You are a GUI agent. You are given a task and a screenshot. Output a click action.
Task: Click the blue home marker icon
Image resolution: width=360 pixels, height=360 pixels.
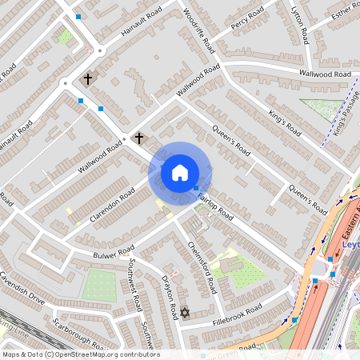coord(180,172)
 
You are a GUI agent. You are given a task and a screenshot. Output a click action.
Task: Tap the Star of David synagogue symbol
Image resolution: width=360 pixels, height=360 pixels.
coord(184,312)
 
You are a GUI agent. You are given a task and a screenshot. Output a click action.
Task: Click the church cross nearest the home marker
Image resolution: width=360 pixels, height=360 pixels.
coord(139,138)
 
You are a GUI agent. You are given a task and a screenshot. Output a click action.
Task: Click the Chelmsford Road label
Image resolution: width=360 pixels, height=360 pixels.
coord(201,266)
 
